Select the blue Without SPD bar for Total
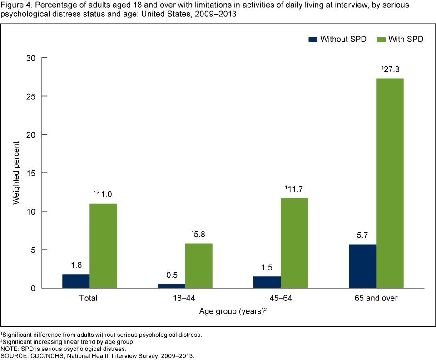click(x=76, y=281)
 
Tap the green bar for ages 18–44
click(x=198, y=265)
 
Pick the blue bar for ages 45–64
click(x=267, y=282)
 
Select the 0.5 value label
click(x=172, y=275)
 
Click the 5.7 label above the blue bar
click(x=362, y=235)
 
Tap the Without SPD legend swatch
click(x=312, y=40)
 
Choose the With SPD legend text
click(x=406, y=40)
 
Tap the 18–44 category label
click(x=185, y=299)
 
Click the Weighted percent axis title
click(x=16, y=173)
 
